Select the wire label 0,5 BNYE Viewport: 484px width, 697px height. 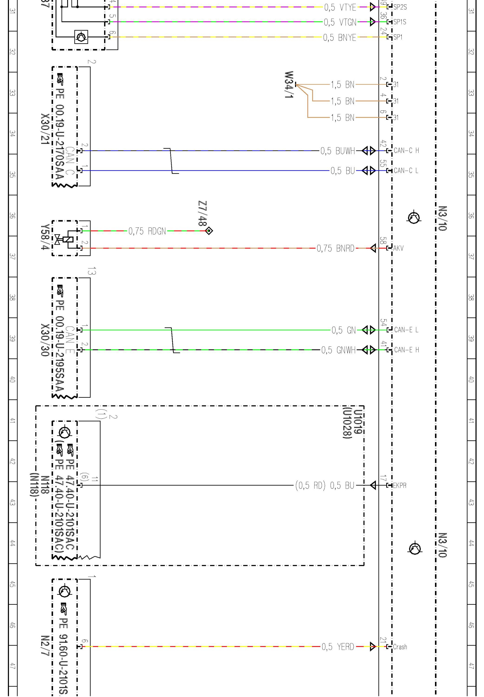(339, 38)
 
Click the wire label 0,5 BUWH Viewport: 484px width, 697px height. (338, 151)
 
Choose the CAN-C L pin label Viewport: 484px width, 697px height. (406, 171)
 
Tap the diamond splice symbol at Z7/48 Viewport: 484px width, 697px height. (209, 231)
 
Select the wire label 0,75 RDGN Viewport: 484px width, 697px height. (147, 231)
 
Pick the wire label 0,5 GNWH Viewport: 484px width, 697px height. (338, 350)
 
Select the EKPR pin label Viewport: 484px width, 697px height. (400, 486)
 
